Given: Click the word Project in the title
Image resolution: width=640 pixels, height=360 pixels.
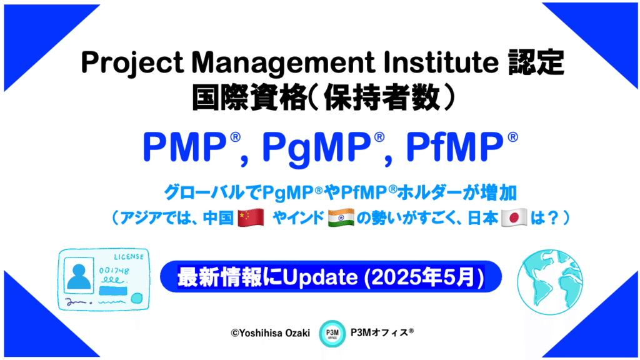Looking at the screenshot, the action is click(132, 63).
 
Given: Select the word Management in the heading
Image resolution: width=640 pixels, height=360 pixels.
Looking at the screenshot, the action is click(283, 62).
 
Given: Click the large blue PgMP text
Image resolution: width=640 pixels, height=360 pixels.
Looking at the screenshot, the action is click(316, 147).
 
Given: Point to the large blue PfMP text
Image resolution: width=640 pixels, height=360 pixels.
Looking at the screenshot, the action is click(454, 147).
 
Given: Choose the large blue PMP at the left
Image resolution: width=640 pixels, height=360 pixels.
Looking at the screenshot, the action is click(184, 147).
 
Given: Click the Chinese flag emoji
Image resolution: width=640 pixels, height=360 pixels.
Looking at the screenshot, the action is click(251, 217).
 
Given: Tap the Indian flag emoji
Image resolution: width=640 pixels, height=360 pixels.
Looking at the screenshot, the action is click(341, 217).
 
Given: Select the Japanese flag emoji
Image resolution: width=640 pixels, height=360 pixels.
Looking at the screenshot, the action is click(514, 217).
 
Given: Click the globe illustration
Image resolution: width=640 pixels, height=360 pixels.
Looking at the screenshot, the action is click(550, 282).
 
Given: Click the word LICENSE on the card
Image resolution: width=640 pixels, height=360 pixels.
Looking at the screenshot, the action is click(129, 257).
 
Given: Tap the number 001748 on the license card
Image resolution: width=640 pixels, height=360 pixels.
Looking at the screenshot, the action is click(114, 271).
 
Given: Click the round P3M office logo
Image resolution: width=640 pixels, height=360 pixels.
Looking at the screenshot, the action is click(332, 334).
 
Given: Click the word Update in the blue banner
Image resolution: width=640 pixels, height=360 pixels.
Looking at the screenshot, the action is click(320, 277).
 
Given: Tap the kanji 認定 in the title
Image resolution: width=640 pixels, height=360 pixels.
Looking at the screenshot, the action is click(536, 62).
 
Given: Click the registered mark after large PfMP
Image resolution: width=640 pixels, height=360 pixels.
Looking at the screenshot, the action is click(512, 137).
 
